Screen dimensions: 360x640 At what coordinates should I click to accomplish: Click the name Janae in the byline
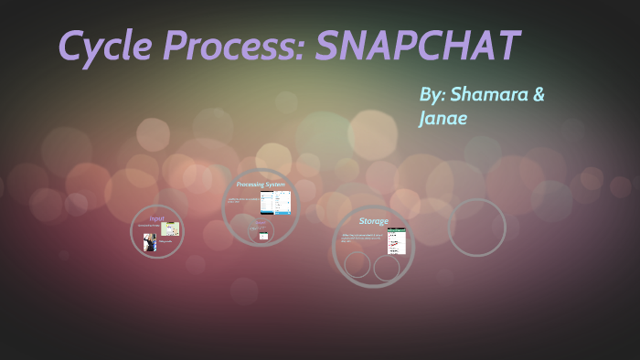point(443,119)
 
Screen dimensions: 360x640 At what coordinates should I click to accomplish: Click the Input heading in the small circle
point(156,218)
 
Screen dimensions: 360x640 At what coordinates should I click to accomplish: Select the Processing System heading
point(261,185)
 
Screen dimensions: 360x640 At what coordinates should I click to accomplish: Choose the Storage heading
point(373,221)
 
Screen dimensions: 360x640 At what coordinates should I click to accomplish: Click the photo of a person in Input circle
point(149,241)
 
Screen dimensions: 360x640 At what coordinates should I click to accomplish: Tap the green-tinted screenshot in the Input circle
point(170,228)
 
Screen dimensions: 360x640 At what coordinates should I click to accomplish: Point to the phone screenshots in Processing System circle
point(275,202)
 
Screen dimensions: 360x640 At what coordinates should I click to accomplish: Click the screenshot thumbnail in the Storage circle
point(396,240)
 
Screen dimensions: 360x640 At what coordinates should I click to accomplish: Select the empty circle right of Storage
point(476,228)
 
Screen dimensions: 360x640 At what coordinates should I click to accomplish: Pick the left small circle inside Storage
point(357,265)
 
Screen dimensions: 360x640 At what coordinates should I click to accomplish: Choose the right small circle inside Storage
point(387,268)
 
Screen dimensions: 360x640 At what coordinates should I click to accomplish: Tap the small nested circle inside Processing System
point(262,231)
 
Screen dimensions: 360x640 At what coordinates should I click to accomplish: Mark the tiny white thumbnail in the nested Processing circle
point(263,236)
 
